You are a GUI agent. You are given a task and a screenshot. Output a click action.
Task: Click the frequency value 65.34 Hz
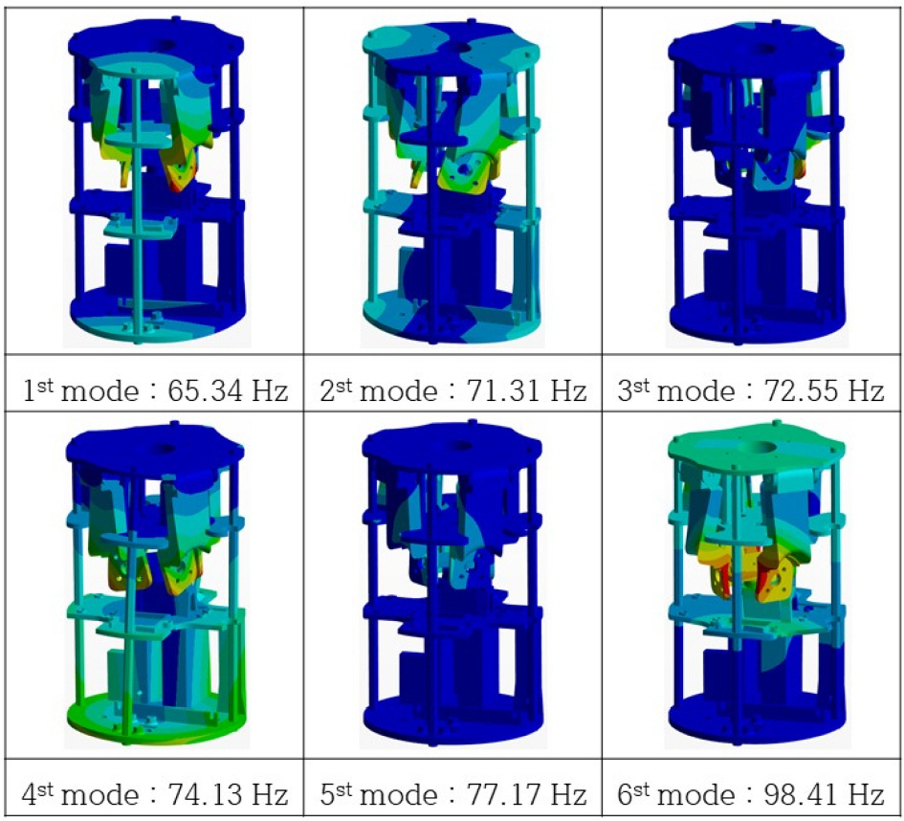[x=228, y=391]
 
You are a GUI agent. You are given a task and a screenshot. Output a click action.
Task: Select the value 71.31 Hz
[x=526, y=391]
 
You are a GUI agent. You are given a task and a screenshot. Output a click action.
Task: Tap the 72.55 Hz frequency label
[x=824, y=391]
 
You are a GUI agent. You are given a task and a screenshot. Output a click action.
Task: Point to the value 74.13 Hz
[x=228, y=794]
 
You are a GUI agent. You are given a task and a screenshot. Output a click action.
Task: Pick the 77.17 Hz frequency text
[x=526, y=794]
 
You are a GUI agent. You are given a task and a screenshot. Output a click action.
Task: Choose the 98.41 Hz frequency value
[x=824, y=794]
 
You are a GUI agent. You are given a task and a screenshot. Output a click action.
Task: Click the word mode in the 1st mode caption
[x=99, y=392]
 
